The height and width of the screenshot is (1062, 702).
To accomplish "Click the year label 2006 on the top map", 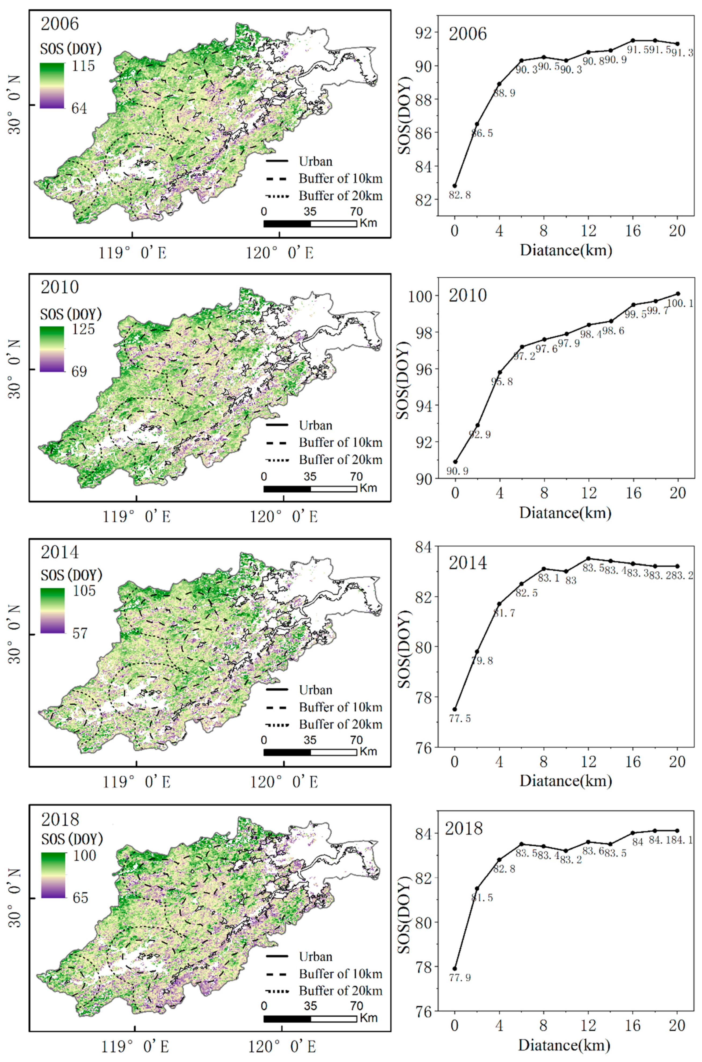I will click(60, 24).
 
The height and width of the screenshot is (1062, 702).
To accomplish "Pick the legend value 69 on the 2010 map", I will click(79, 372).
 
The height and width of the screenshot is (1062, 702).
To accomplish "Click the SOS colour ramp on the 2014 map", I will click(52, 611).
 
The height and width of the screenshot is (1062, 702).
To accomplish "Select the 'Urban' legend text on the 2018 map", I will click(316, 957).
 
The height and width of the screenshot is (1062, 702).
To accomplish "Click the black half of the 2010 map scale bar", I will click(287, 489).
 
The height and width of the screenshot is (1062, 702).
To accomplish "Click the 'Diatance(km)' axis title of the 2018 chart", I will click(565, 1045).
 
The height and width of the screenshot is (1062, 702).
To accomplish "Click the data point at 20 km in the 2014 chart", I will click(677, 566).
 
